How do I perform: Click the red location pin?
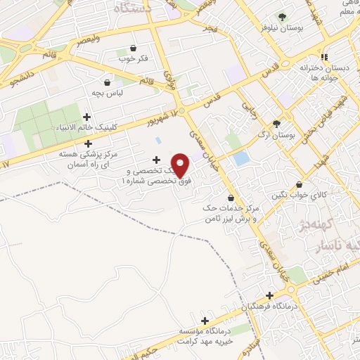pos(181,165)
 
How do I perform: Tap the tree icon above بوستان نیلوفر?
pos(282,17)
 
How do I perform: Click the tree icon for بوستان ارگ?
pos(276,122)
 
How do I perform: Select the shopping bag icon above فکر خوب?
pos(134,48)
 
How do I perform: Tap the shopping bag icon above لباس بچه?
pos(108,82)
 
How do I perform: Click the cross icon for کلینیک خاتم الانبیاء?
pos(86,117)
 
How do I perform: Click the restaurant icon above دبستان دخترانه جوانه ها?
pos(323,57)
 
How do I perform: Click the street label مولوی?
pos(168,79)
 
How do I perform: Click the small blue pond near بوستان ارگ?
pos(241,158)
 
